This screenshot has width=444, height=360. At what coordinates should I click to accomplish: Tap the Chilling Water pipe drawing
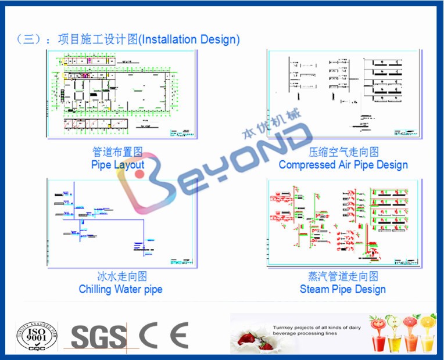pyautogui.click(x=121, y=223)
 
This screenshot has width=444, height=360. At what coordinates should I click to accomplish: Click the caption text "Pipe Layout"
pyautogui.click(x=117, y=164)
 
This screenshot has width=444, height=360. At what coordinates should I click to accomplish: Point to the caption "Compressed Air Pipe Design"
pyautogui.click(x=343, y=164)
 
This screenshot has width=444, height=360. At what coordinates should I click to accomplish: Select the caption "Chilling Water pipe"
pyautogui.click(x=120, y=289)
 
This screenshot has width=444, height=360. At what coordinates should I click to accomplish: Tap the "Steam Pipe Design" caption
pyautogui.click(x=342, y=289)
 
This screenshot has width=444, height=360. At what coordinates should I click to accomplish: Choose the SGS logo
pyautogui.click(x=98, y=336)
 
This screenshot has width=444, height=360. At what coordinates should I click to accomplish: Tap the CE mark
pyautogui.click(x=164, y=335)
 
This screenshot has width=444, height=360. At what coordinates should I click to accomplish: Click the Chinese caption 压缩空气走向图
pyautogui.click(x=343, y=152)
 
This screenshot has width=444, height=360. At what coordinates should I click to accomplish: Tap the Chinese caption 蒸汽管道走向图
pyautogui.click(x=343, y=276)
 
